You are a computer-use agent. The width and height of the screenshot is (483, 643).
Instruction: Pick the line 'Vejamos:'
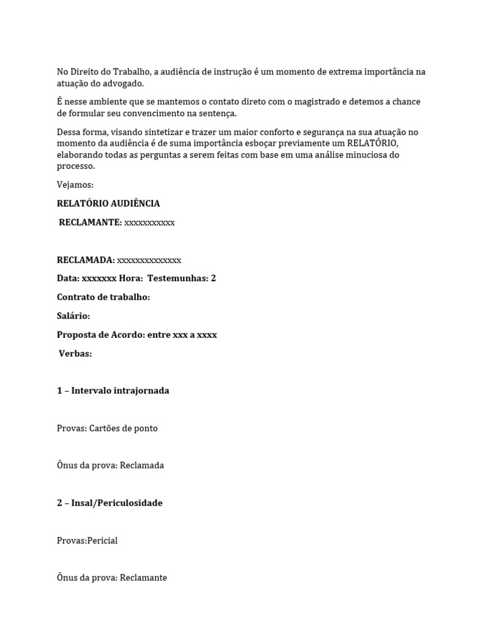coord(75,185)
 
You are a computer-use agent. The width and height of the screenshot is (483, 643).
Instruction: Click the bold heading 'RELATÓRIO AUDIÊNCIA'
coord(108,203)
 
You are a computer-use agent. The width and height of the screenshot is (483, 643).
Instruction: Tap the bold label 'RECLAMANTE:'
coord(90,222)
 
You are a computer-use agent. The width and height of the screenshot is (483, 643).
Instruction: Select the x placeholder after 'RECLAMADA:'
coord(149,260)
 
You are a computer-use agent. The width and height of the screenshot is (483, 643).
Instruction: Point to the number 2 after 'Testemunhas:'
coord(213,278)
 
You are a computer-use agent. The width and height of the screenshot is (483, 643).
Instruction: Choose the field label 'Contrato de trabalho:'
coord(103,297)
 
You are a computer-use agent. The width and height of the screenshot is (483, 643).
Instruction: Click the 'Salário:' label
coord(73,316)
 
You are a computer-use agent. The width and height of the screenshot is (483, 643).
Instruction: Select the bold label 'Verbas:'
coord(75,354)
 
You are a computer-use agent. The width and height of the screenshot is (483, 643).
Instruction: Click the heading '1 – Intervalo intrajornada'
coord(113,391)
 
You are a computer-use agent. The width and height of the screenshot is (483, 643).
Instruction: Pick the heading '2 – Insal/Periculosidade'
coord(109,503)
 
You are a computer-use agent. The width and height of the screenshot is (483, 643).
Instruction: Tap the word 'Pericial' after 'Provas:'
coord(103,541)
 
